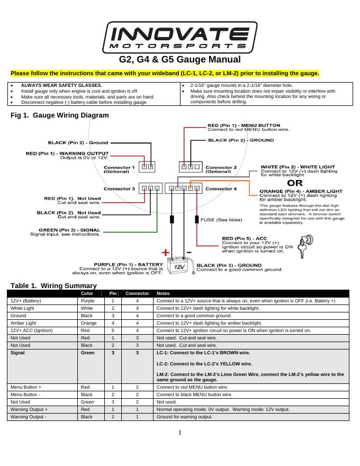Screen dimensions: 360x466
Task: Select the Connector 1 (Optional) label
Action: (x=119, y=169)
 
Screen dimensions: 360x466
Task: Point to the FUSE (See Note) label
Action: (x=221, y=219)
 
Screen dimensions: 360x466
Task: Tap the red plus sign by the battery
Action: (x=166, y=252)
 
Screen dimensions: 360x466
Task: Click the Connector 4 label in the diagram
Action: (x=221, y=189)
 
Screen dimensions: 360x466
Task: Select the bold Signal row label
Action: (x=18, y=352)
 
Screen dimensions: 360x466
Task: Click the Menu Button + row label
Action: (x=25, y=387)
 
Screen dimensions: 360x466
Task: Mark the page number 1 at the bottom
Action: (x=180, y=433)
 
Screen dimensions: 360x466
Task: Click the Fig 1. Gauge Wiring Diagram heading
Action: (x=60, y=115)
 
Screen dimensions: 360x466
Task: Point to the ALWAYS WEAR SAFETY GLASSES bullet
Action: (x=61, y=85)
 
